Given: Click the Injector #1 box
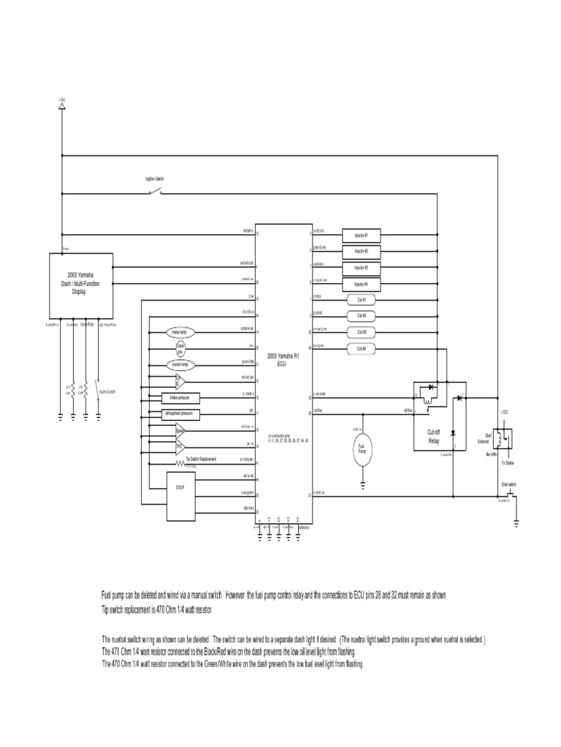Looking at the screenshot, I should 362,235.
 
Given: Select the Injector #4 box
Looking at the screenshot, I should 362,283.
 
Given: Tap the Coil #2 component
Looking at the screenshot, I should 362,315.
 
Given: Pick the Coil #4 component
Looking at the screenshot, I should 362,348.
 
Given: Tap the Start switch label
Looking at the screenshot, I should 509,484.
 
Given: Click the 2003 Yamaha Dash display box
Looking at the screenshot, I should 81,280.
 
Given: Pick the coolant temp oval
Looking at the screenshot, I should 179,364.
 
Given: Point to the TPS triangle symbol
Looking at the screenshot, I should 180,446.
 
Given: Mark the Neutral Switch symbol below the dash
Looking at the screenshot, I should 99,392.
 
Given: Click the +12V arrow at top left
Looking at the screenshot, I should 62,107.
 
